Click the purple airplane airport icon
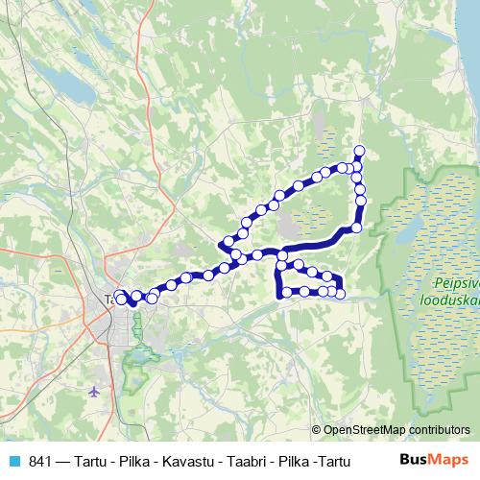(x=93, y=392)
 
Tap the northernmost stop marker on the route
(x=360, y=150)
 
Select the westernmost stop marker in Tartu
(x=119, y=296)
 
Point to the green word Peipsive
(x=455, y=283)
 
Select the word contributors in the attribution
(x=442, y=431)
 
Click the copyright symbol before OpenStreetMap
(x=318, y=431)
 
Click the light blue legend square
(x=13, y=462)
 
